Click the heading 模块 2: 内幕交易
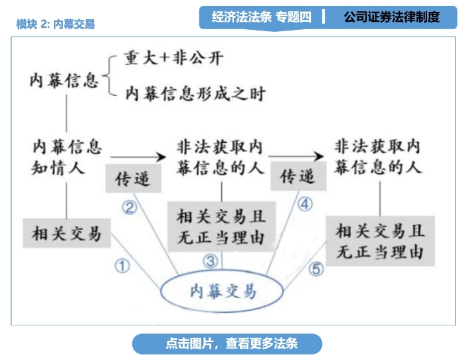55,24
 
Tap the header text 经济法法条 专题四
261,17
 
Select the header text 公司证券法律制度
391,17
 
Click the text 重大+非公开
173,58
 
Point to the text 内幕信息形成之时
194,94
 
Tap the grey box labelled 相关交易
66,233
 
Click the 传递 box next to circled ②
132,179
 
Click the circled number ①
122,266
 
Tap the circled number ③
210,261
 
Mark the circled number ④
304,205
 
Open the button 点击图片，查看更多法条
227,343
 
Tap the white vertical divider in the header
324,17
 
